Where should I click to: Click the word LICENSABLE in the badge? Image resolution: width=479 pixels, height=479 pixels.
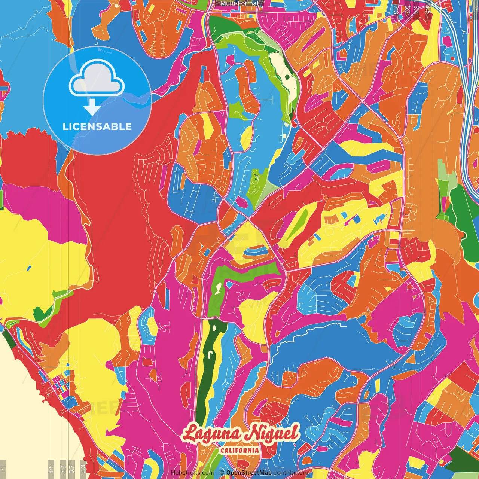[x=97, y=126]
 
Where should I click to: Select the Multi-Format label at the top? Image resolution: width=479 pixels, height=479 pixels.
[x=239, y=3]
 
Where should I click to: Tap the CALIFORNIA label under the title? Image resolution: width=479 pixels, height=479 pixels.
[x=239, y=450]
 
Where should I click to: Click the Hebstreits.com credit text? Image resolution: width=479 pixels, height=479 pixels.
[x=193, y=473]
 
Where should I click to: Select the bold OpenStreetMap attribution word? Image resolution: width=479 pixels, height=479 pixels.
[x=249, y=473]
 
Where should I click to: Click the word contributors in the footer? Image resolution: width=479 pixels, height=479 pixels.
[x=291, y=473]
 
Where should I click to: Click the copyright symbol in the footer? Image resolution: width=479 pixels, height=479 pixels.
[x=222, y=473]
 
